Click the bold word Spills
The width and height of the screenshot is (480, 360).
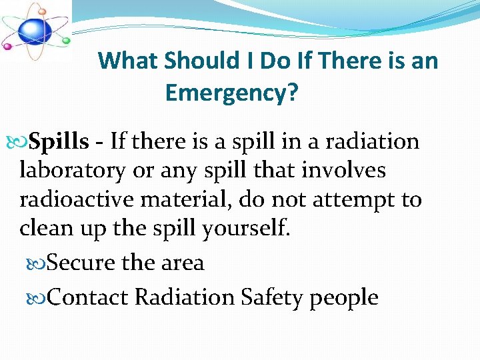[x=59, y=141]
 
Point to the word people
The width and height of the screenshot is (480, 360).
[x=344, y=298]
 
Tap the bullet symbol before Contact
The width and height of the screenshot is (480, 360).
[x=39, y=297]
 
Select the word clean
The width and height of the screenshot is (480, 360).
[x=46, y=229]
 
